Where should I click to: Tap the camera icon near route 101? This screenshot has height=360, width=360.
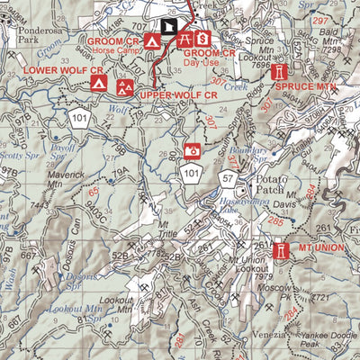pos(191,150)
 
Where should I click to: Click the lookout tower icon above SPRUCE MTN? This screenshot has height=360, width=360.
pos(280,70)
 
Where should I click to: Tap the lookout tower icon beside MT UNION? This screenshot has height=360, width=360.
pos(281,248)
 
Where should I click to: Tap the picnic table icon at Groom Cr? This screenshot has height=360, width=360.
pos(184,40)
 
